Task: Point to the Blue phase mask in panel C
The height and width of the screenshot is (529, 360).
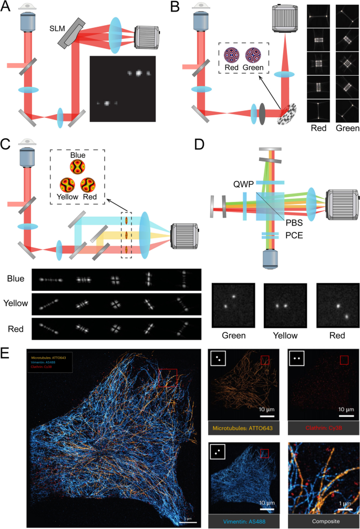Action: [x=78, y=168]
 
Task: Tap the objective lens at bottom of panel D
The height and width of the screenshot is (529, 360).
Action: [x=271, y=260]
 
